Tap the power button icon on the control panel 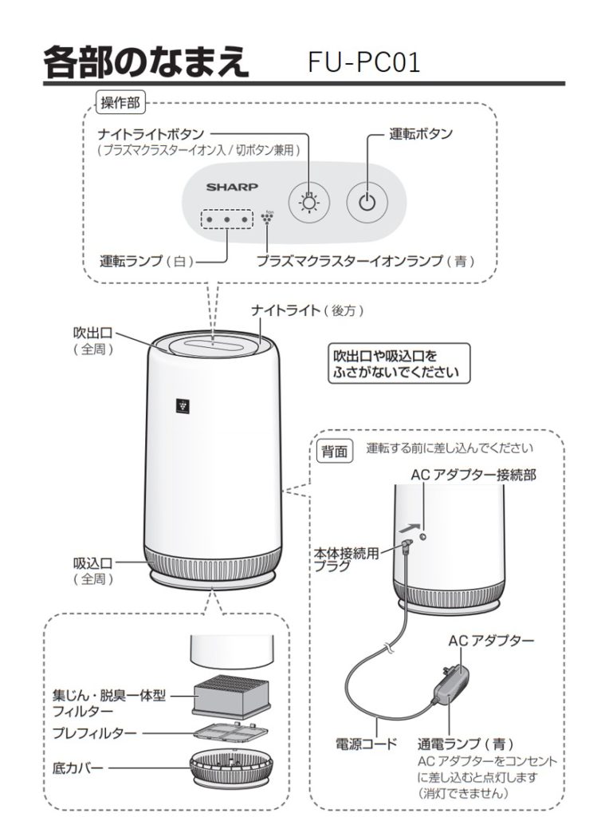(366, 200)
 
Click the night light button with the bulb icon (308, 200)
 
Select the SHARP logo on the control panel (232, 188)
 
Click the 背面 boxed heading (334, 452)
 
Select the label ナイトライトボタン (151, 133)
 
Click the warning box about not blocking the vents (399, 363)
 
